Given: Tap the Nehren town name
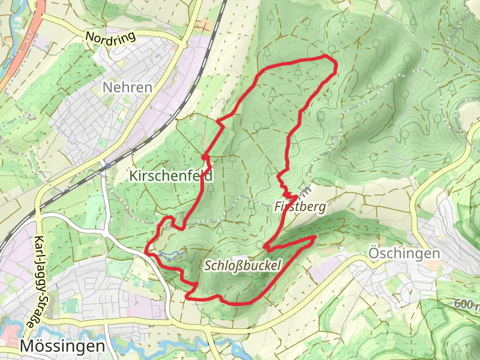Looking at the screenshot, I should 127,88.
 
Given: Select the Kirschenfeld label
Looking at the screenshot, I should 171,175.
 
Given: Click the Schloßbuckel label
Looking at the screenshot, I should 242,265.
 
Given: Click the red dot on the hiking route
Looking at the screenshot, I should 205,157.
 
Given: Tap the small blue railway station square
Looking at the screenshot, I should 108,163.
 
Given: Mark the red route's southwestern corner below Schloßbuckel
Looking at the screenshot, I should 188,296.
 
